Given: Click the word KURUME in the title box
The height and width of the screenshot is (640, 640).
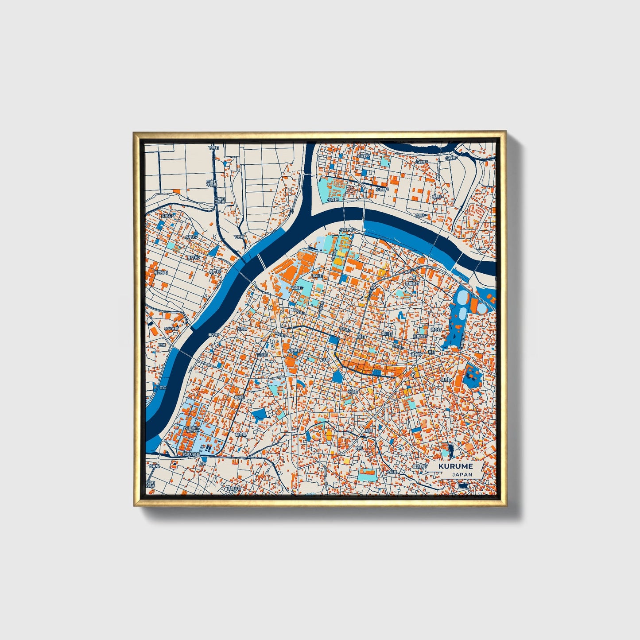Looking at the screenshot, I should point(456,466).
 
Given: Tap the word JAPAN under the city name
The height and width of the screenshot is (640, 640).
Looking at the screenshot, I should point(462,474).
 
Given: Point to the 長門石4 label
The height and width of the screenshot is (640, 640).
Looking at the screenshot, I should point(168,216).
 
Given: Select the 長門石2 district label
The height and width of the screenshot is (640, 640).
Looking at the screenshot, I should point(192,237).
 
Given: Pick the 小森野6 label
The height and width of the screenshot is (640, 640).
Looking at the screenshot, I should point(422,162).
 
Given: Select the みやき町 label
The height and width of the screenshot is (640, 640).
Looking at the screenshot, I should point(171,329).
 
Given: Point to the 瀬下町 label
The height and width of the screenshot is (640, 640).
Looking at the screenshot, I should point(213,335).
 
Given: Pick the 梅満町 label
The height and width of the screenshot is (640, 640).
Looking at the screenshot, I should point(240,397).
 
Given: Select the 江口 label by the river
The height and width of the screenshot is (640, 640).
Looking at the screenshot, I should point(163,388).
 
